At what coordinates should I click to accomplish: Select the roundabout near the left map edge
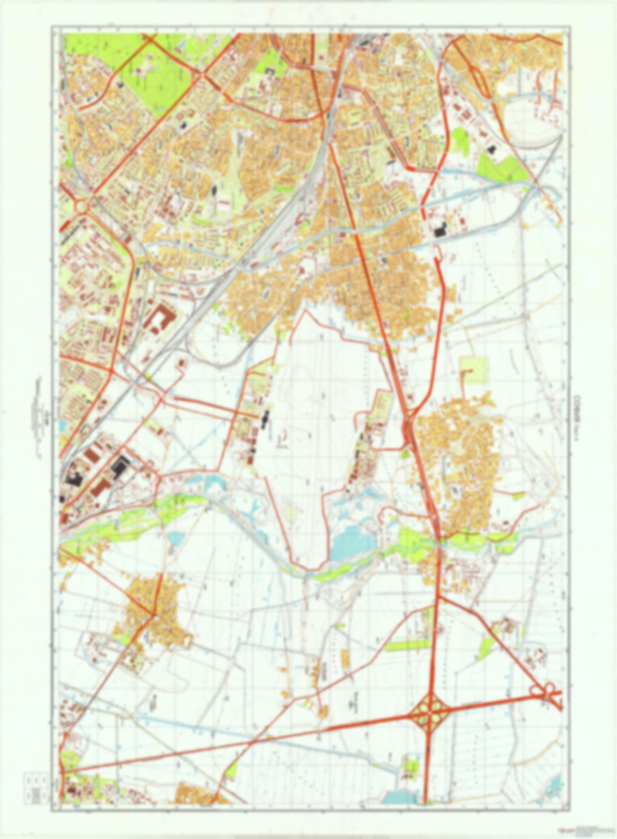[x=81, y=205]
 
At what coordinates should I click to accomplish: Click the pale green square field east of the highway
[x=474, y=371]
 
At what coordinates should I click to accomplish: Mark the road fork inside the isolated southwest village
[x=153, y=615]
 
